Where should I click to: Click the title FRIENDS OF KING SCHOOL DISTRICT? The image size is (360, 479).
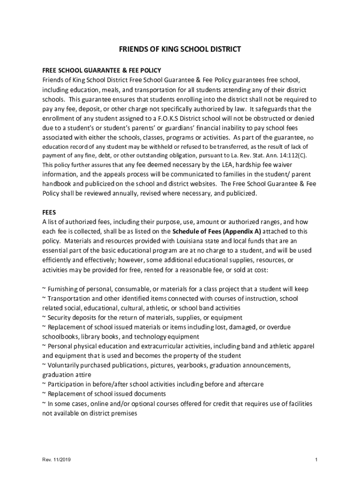tap(180, 49)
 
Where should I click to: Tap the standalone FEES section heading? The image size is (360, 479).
tap(49, 211)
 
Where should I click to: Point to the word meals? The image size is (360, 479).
tap(117, 89)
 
